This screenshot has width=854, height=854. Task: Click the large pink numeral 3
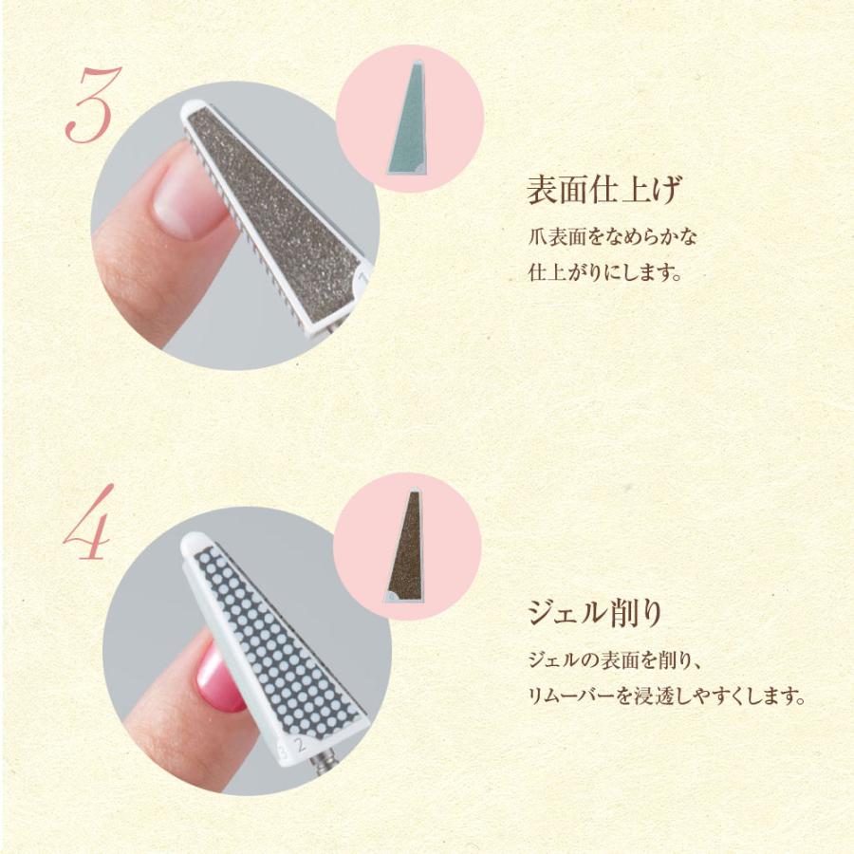(x=93, y=105)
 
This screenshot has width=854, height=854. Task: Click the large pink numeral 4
(x=88, y=522)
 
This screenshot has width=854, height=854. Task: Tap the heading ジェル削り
(x=595, y=612)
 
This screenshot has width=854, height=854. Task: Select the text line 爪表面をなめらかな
(x=612, y=237)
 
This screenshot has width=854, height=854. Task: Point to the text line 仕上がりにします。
(x=604, y=272)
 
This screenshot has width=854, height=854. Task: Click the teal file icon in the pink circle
(x=407, y=119)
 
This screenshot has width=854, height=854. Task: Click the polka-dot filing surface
(x=272, y=638)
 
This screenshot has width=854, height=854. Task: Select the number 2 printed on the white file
(x=299, y=744)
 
